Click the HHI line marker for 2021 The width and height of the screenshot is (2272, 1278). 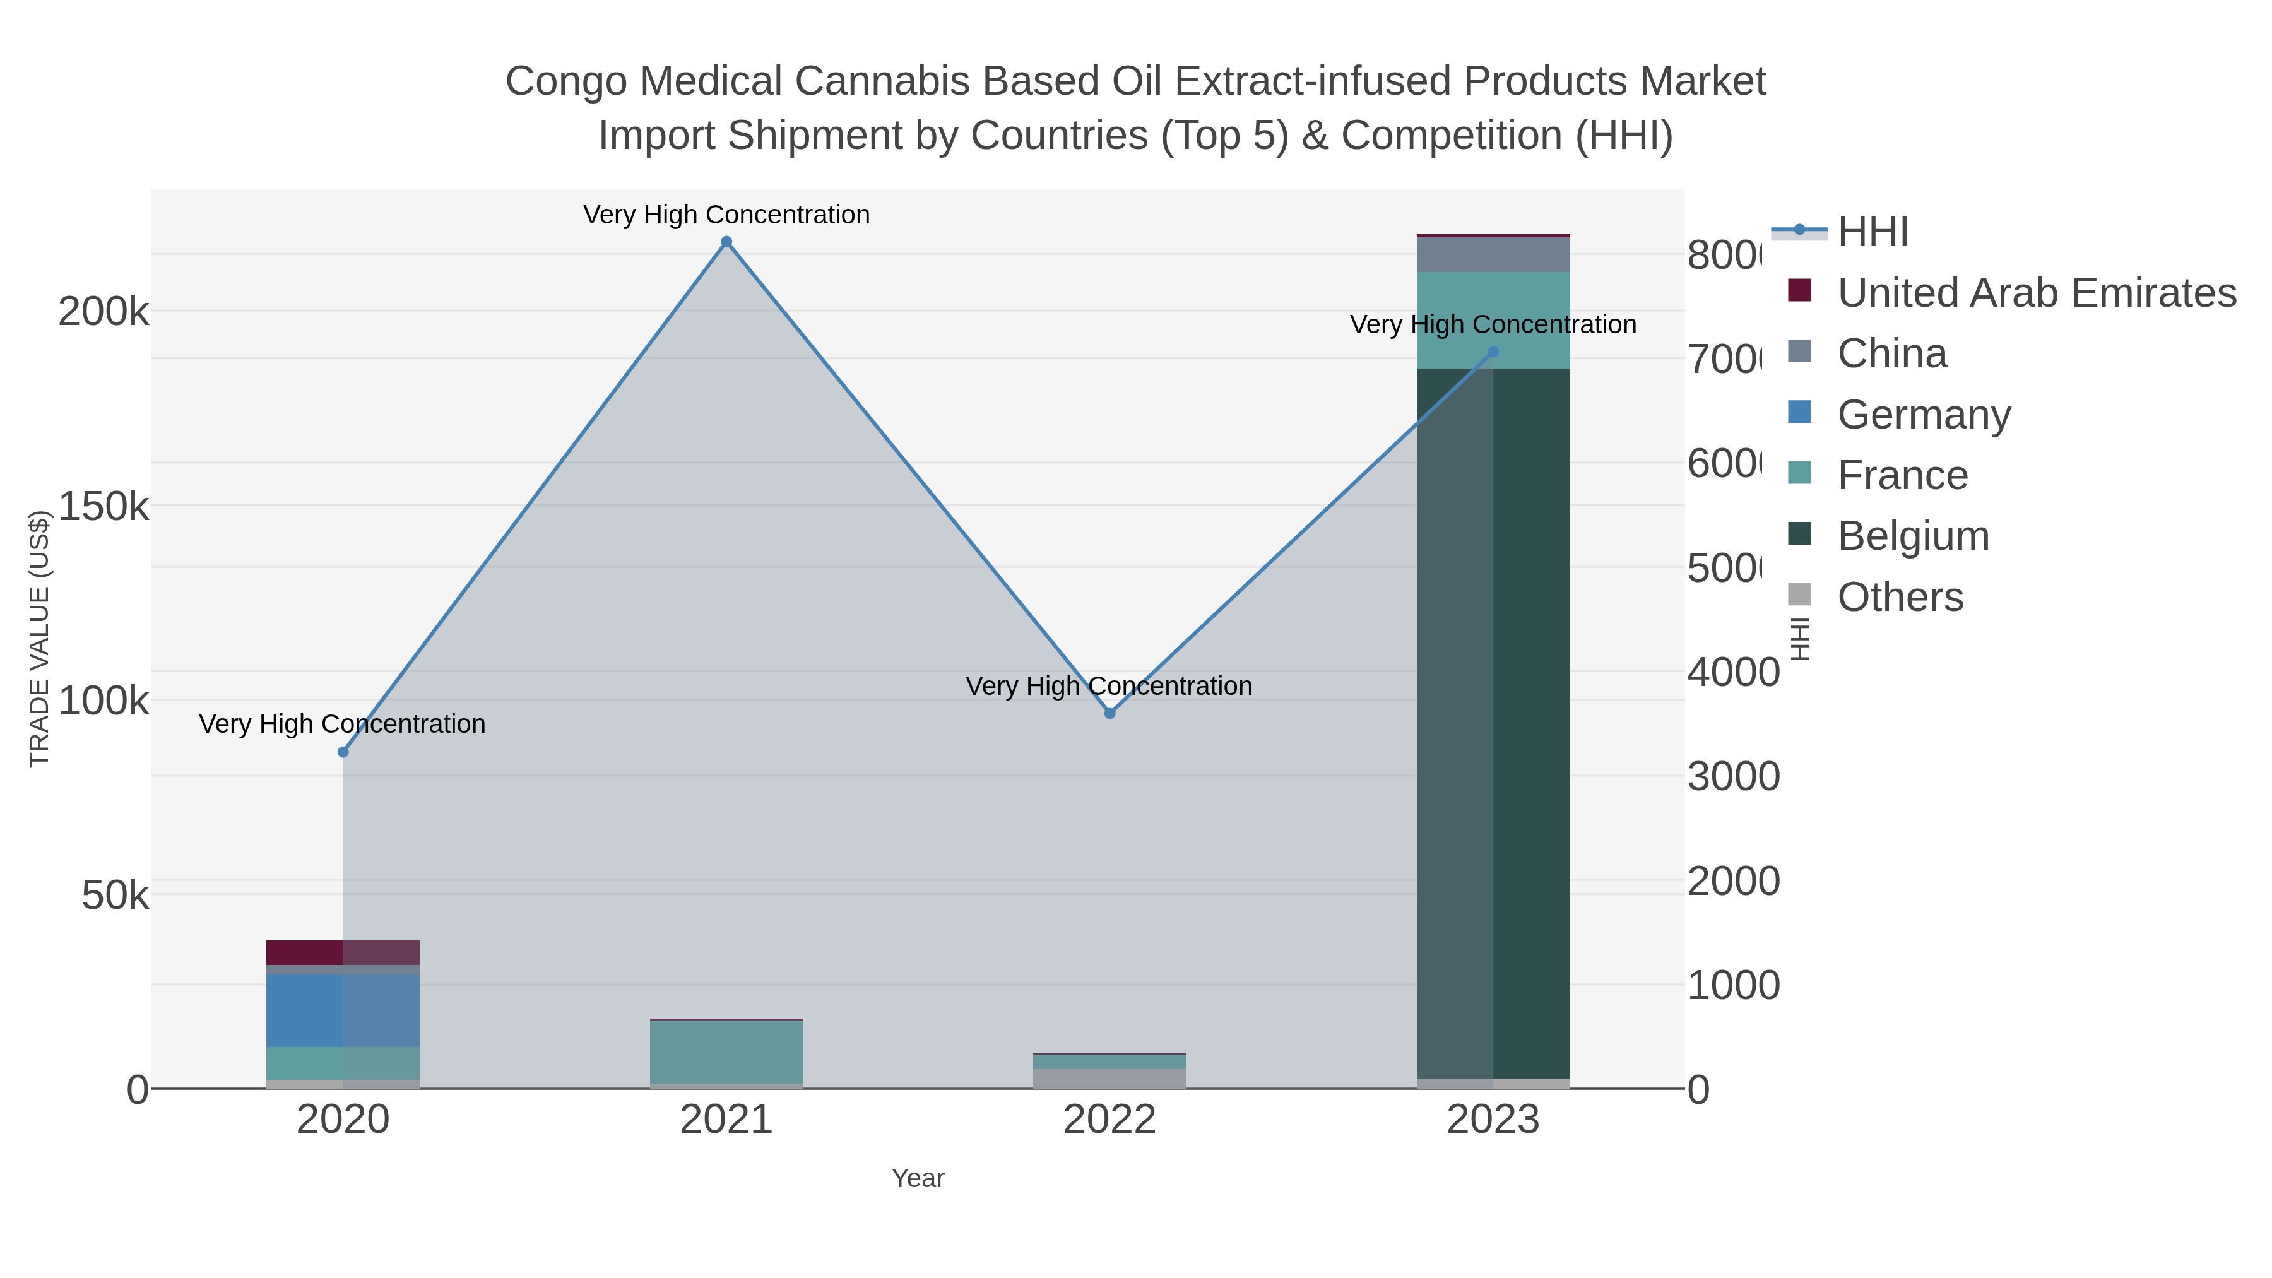coord(727,242)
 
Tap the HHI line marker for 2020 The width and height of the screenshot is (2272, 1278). coord(343,752)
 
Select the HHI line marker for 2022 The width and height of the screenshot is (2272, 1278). coord(1109,714)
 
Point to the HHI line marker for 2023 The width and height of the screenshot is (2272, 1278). coord(1493,352)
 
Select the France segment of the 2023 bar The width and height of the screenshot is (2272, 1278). coord(1493,320)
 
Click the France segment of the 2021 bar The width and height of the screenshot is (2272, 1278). coord(727,1051)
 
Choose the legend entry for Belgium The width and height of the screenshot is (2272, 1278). coord(1912,536)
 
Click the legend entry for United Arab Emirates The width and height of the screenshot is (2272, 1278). coord(2035,293)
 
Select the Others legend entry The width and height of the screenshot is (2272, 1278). coord(1900,597)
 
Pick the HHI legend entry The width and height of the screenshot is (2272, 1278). coord(1872,232)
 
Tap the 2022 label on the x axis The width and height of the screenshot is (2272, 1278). coord(1109,1120)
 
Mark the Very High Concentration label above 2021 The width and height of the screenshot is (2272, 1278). coord(727,215)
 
